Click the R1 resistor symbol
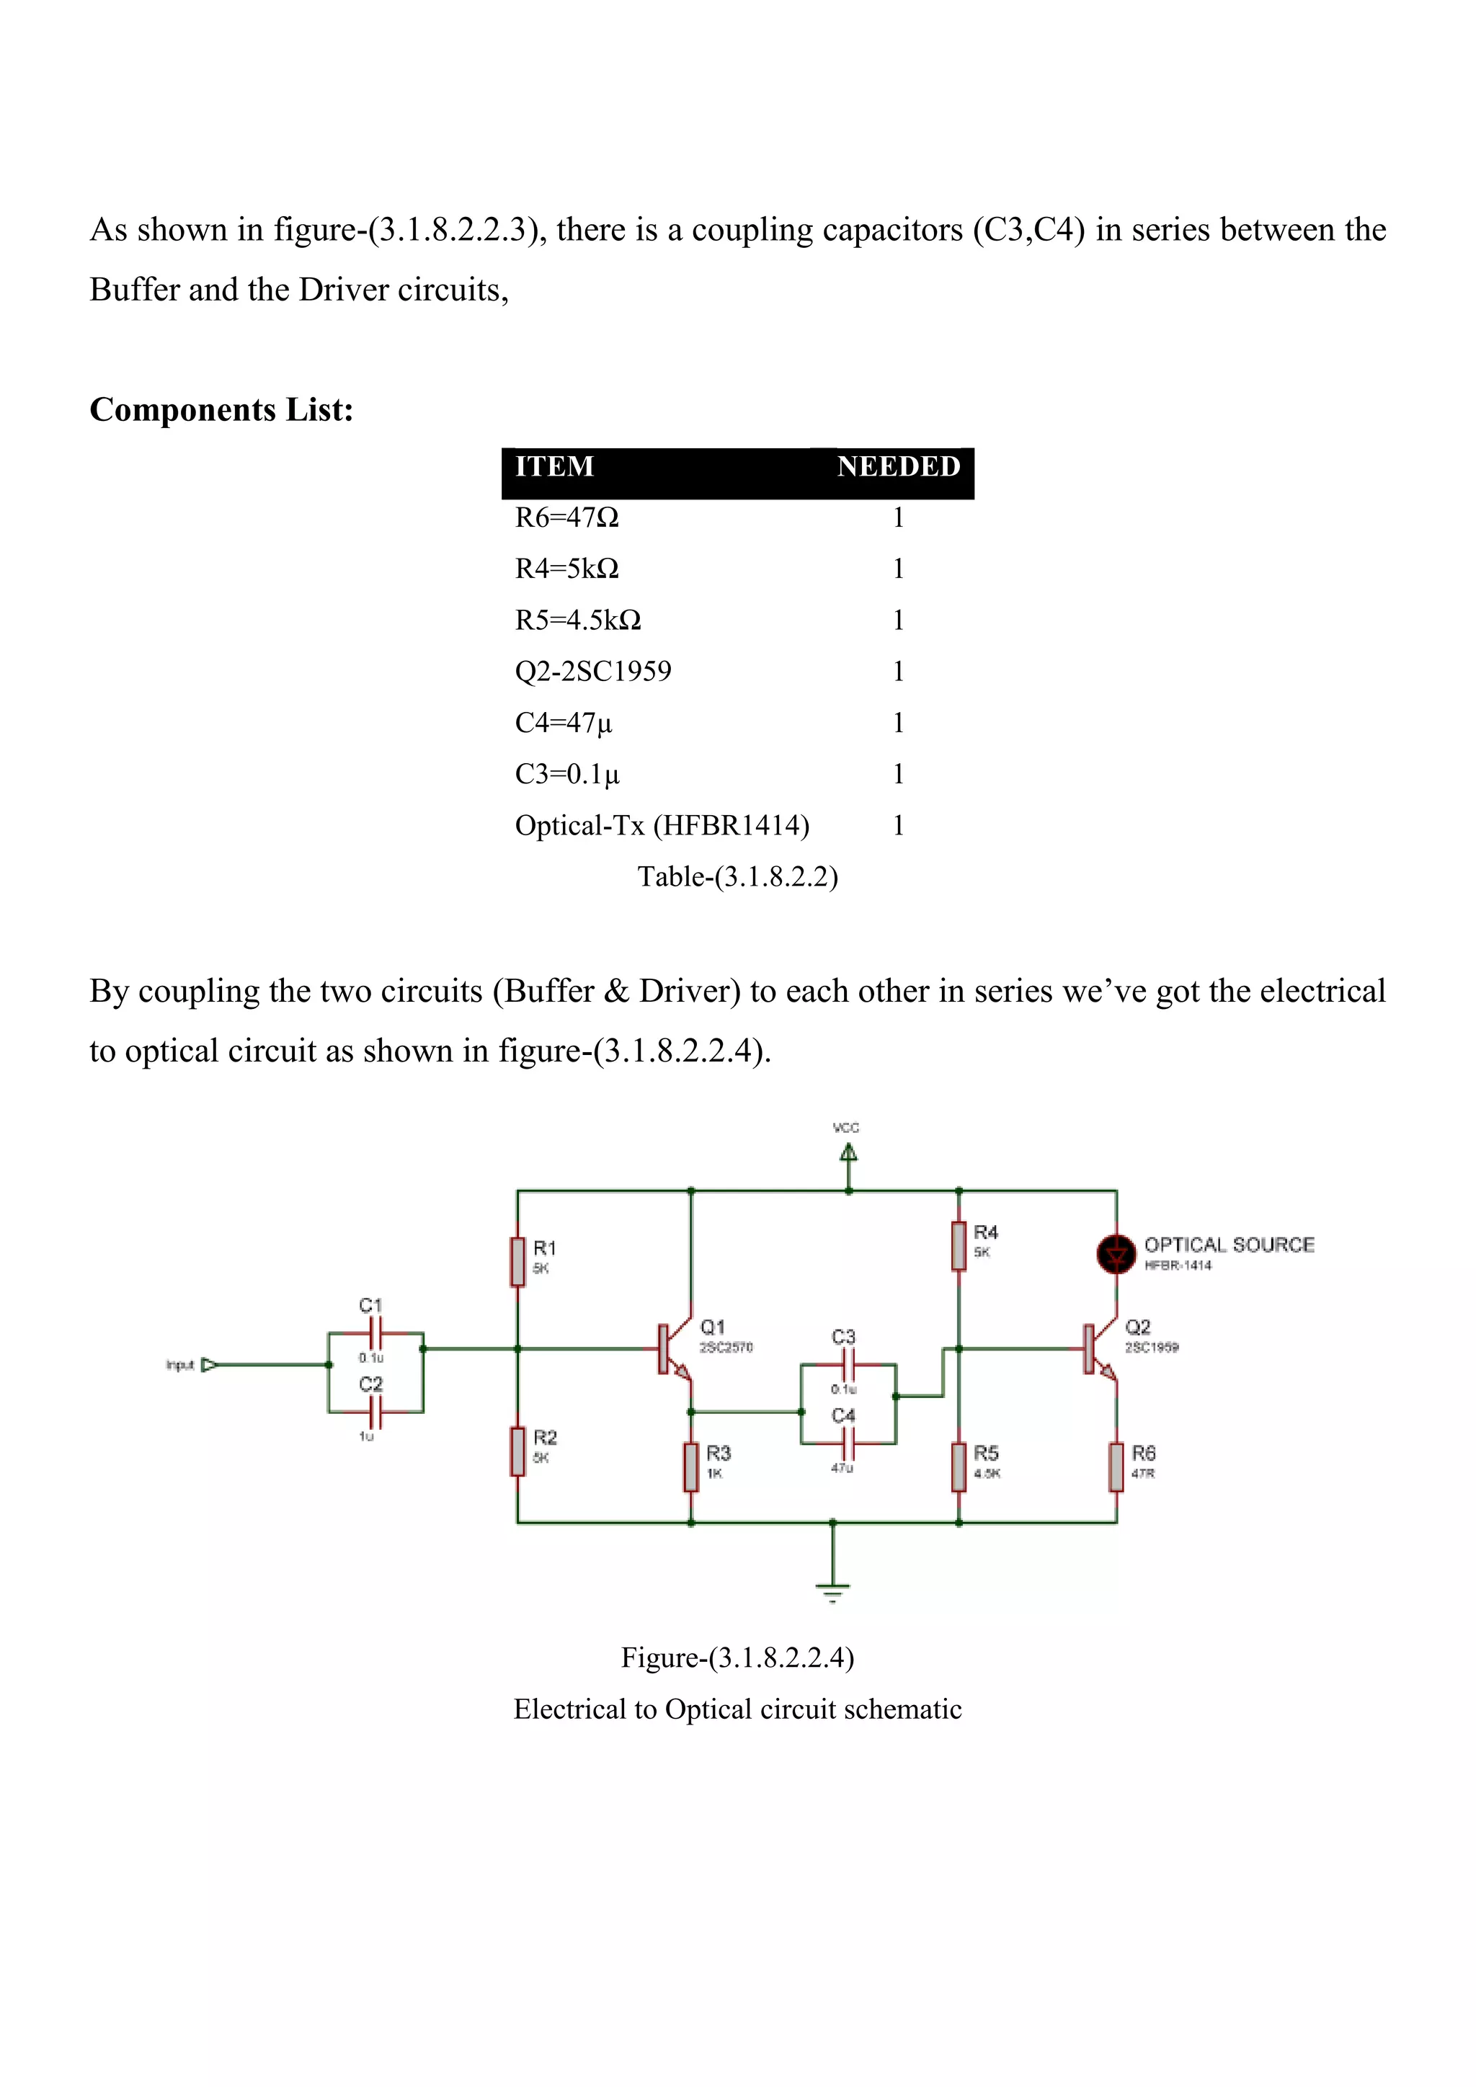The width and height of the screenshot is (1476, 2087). [518, 1262]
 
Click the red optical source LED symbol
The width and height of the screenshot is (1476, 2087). [1116, 1255]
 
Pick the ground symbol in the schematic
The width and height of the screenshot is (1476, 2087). [832, 1592]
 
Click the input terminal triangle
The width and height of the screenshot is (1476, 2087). [208, 1364]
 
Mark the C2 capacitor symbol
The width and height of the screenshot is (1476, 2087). [375, 1412]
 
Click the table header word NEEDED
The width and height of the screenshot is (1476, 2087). [898, 467]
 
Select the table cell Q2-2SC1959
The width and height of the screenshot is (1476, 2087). [592, 672]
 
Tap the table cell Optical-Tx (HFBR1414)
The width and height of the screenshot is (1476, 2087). [662, 825]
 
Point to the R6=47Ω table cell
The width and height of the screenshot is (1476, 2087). [566, 518]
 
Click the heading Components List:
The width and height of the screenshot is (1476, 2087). [221, 410]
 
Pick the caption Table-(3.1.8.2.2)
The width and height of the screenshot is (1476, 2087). [737, 877]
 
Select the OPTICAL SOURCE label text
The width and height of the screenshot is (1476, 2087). [1229, 1245]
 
